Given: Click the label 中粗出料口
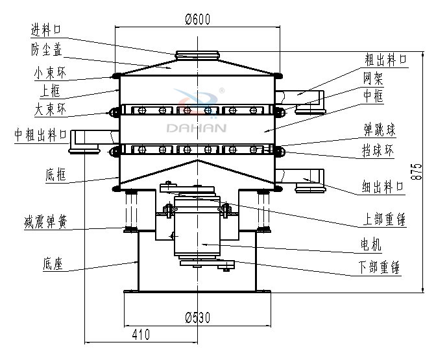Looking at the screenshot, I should (40, 136).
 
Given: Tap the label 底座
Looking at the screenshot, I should (54, 263).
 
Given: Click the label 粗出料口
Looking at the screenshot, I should (384, 60).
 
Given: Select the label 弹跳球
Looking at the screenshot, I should (379, 130).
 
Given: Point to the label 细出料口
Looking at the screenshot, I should (383, 187).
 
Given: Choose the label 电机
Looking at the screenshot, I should (370, 245).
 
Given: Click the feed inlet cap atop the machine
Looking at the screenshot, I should (197, 54).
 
